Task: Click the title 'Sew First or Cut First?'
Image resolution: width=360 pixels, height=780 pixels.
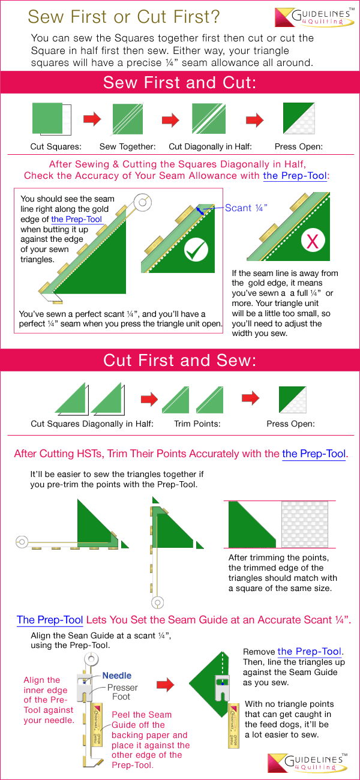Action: pyautogui.click(x=124, y=16)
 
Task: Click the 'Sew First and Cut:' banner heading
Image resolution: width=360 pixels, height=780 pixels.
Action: pyautogui.click(x=179, y=82)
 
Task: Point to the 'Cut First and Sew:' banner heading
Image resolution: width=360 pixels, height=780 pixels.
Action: pyautogui.click(x=179, y=360)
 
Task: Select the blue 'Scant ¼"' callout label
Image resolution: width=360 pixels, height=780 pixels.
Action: pyautogui.click(x=246, y=208)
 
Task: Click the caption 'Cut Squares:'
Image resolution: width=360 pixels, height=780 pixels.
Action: pyautogui.click(x=56, y=146)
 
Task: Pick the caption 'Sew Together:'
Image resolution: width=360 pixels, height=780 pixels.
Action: pyautogui.click(x=127, y=146)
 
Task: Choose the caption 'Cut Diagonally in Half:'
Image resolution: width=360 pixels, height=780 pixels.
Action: pyautogui.click(x=210, y=146)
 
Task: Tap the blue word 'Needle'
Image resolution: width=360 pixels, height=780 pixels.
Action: pyautogui.click(x=116, y=676)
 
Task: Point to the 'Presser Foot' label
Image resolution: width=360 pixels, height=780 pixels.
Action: pyautogui.click(x=122, y=692)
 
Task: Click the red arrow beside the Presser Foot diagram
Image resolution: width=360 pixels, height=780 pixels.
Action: pyautogui.click(x=166, y=683)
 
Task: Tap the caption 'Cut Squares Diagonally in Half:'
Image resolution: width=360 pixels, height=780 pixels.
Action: pyautogui.click(x=92, y=424)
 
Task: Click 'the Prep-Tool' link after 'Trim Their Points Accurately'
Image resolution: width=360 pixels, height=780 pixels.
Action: pyautogui.click(x=314, y=454)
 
